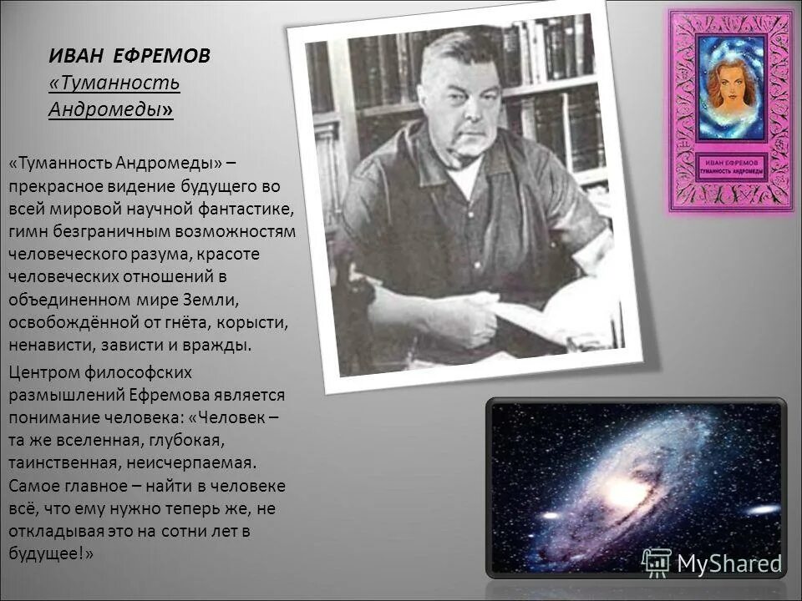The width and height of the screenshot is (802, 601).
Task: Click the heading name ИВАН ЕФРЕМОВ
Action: point(129,57)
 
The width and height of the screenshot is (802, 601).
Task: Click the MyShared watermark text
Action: point(728,563)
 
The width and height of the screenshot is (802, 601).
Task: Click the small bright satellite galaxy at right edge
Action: point(762,509)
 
